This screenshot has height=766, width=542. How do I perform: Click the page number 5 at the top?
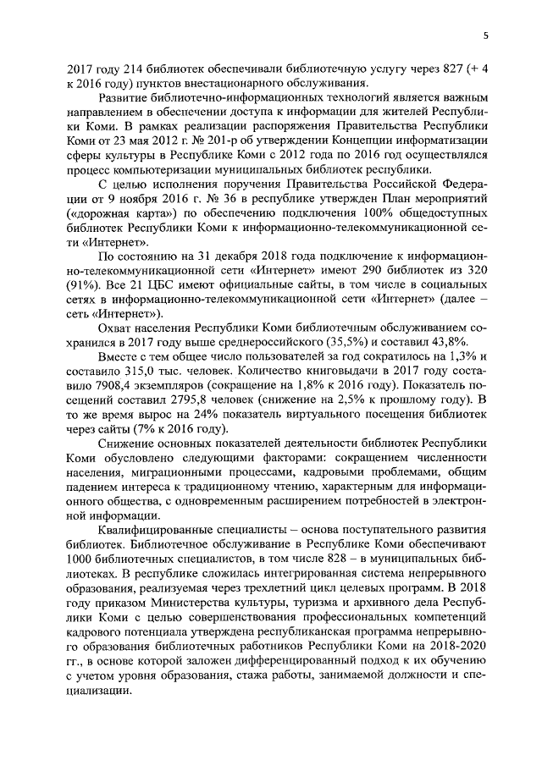[486, 35]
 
